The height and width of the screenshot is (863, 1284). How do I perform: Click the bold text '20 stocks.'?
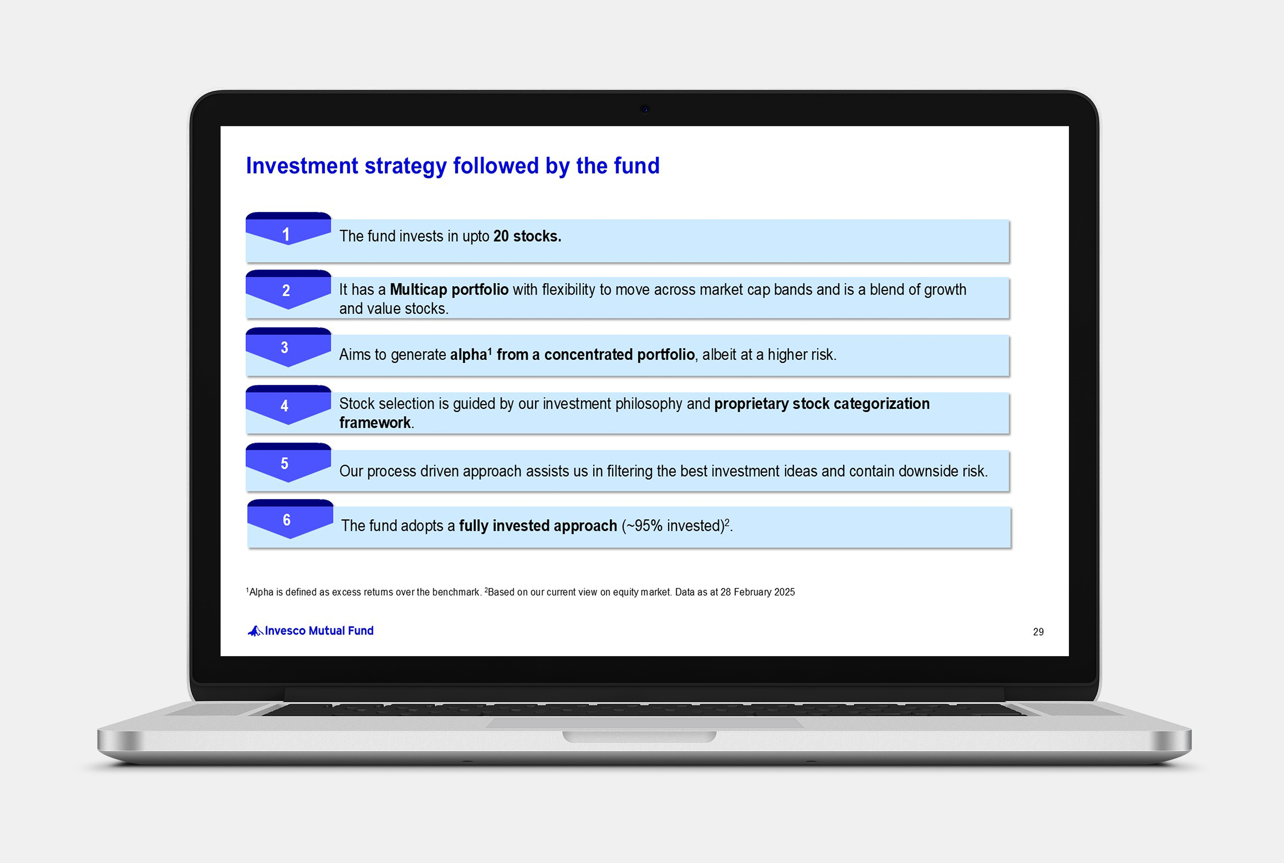(527, 236)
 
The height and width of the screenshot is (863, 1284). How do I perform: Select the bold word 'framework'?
(375, 423)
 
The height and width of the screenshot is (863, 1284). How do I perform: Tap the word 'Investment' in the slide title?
(302, 166)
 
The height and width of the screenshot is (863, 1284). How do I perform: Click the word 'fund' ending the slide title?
(637, 166)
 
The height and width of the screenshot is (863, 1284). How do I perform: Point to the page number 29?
(1039, 632)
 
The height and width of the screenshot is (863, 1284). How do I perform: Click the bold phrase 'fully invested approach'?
(538, 526)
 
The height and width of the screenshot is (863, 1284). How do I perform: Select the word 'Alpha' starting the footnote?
(261, 592)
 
